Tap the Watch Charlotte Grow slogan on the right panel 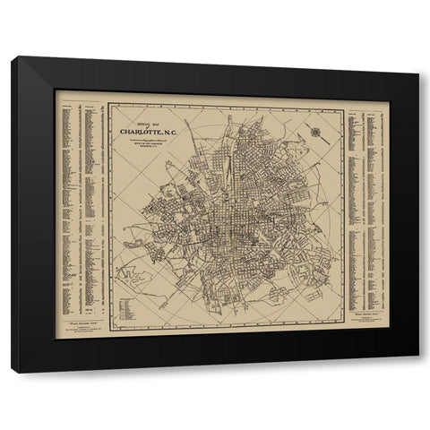point(367,317)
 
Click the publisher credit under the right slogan point(367,324)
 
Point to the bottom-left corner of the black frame point(13,371)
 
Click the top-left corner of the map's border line point(109,104)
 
